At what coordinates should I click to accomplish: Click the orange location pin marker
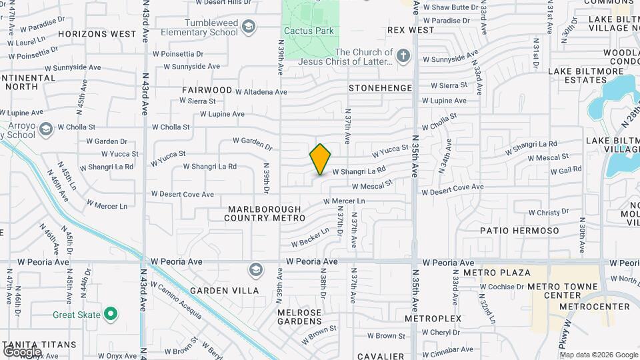coord(320,159)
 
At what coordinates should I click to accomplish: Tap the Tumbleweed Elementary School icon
coord(249,27)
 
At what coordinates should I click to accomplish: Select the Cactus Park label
coord(309,31)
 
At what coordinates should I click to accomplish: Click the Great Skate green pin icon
coord(111,315)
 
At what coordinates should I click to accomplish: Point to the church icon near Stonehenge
coord(403,57)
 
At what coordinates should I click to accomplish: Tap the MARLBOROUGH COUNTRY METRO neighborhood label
coord(265,213)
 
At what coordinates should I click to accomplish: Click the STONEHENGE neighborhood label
coord(381,87)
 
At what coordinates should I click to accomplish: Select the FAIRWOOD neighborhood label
coord(207,90)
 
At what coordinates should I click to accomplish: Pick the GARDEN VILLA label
coord(220,291)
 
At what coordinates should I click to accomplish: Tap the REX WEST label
coord(411,30)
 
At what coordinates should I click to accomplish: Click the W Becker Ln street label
coord(310,237)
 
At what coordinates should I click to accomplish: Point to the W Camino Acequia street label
coord(176,301)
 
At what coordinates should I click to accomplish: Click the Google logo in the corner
coord(22,351)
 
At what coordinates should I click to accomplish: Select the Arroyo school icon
coord(46,128)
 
